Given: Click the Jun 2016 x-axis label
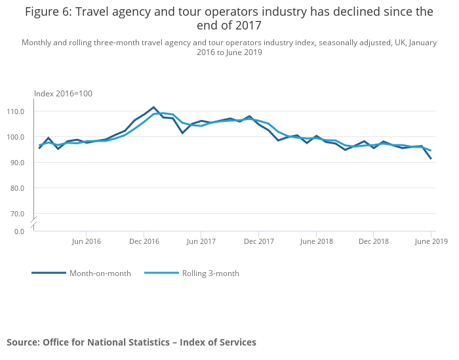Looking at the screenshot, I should tap(86, 241).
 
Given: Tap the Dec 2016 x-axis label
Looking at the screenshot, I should tap(144, 241).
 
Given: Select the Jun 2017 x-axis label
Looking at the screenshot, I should tap(201, 241).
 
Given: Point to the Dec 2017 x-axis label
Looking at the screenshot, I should tap(259, 241).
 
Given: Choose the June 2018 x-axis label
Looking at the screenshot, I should tap(316, 241).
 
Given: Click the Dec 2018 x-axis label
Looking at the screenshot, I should tap(374, 241).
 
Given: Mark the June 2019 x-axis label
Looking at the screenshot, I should tap(431, 241).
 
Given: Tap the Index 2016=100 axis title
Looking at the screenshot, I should tap(63, 94).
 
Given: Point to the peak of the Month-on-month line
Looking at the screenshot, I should tap(153, 107).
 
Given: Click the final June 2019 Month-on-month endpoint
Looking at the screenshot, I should tap(431, 159).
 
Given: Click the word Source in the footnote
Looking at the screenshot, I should tap(22, 342).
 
